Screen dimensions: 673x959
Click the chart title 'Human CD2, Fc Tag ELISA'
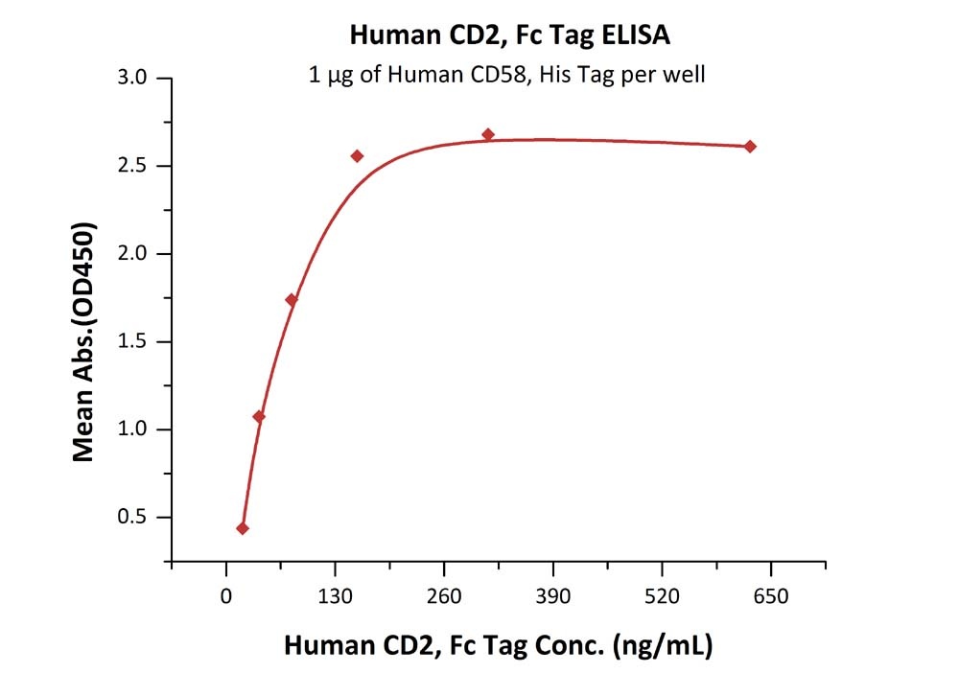(509, 36)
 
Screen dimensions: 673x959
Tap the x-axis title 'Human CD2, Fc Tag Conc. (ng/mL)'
(498, 645)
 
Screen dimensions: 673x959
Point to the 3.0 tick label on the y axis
(133, 79)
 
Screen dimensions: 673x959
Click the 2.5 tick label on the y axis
(133, 167)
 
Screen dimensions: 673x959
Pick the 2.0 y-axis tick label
(133, 254)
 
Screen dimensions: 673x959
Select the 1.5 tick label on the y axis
(133, 342)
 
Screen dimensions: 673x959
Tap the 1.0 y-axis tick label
(133, 429)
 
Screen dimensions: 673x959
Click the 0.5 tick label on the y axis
(133, 518)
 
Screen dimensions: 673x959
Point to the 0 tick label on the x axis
(226, 596)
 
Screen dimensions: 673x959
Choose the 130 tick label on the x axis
(335, 596)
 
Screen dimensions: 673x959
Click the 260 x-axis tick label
(444, 596)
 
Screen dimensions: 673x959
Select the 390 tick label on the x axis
(552, 596)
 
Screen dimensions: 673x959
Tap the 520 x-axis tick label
(662, 596)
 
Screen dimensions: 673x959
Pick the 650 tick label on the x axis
(770, 596)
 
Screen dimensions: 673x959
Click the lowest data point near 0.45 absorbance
(243, 528)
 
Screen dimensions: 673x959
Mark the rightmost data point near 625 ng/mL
(750, 147)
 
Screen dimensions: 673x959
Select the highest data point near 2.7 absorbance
(488, 135)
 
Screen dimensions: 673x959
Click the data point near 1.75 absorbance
(292, 300)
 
